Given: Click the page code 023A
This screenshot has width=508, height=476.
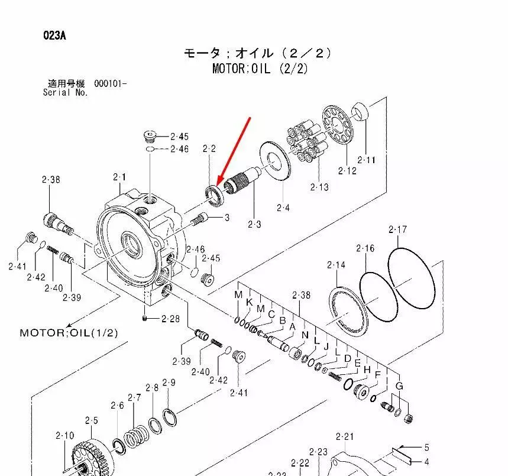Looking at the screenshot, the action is [x=54, y=35].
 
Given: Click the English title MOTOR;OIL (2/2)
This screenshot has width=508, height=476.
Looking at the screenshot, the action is [x=260, y=69].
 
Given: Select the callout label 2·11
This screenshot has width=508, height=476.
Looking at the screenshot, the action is [x=367, y=160].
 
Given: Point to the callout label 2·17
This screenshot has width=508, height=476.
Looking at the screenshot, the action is [x=397, y=229].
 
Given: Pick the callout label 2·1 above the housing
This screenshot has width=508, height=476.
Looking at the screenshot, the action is [x=119, y=177].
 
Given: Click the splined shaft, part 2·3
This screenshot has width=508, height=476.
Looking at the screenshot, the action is [x=242, y=181].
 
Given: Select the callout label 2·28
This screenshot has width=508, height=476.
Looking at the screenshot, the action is [x=170, y=319].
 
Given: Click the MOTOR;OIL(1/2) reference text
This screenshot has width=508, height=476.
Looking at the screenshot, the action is [x=69, y=333].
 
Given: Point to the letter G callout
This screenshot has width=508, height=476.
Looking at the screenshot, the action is [x=399, y=386].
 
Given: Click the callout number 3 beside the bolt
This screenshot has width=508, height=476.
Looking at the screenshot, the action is [x=227, y=218].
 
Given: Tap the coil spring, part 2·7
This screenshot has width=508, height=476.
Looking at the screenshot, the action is [x=137, y=436].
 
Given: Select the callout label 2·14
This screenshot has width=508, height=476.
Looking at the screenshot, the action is [x=336, y=265].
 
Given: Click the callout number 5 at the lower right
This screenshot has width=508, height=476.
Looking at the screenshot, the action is [x=426, y=448].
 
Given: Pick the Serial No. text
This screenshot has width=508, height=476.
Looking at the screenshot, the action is [x=66, y=93].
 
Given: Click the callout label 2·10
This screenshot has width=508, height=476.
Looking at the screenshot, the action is [x=65, y=436].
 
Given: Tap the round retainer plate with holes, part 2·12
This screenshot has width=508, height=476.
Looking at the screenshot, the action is [x=337, y=124].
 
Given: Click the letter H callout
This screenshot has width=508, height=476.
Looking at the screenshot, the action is [x=367, y=370].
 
